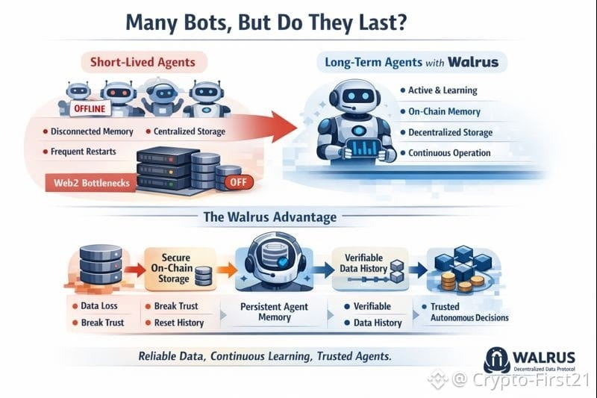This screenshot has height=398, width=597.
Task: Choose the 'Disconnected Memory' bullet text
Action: coord(91,132)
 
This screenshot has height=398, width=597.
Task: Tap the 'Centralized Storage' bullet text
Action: coord(189,132)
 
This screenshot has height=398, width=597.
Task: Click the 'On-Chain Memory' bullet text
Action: coord(443,111)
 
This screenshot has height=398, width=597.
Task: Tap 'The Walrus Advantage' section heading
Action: coord(269,217)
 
